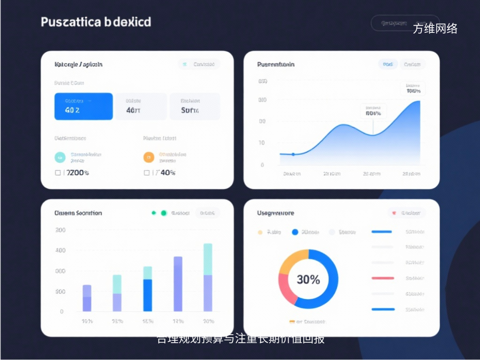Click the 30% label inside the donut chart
(x=308, y=280)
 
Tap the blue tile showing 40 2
(x=83, y=106)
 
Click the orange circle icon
(x=149, y=157)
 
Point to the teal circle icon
(x=60, y=157)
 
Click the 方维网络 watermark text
(x=435, y=29)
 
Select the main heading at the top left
(x=96, y=22)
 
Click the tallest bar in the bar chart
(x=208, y=277)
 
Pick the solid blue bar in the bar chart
(x=148, y=295)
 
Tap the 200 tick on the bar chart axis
(x=60, y=230)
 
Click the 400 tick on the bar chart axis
(x=60, y=250)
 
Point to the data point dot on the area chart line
(x=293, y=154)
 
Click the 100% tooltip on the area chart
(x=413, y=89)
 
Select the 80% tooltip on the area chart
(x=373, y=111)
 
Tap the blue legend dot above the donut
(x=295, y=232)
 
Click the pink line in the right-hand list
(x=382, y=278)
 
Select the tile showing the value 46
(x=141, y=106)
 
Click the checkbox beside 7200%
(x=58, y=172)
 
